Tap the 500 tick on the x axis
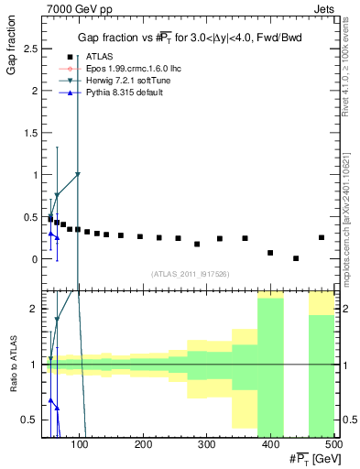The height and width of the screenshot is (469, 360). click(x=333, y=444)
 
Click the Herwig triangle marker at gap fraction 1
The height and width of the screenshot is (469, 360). click(x=78, y=174)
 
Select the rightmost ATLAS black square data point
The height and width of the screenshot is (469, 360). click(x=322, y=237)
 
